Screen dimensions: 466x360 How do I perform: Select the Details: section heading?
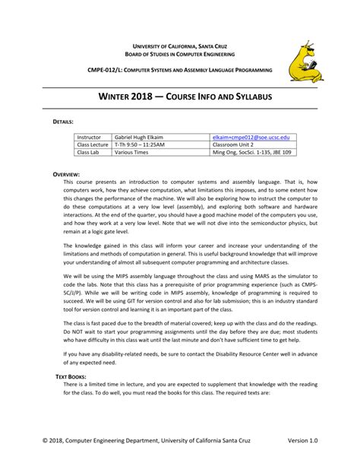tap(63, 122)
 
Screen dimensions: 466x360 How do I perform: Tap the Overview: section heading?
tap(66, 174)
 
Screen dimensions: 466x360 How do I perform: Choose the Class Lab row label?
tap(88, 152)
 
